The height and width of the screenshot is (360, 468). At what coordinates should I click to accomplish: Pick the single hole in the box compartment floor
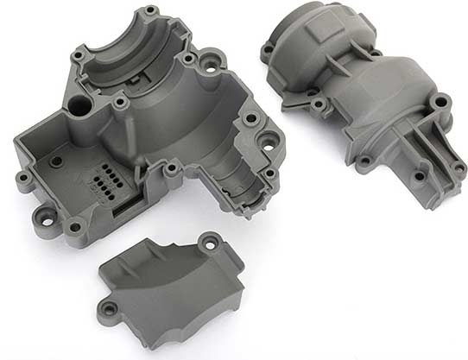(57, 160)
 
